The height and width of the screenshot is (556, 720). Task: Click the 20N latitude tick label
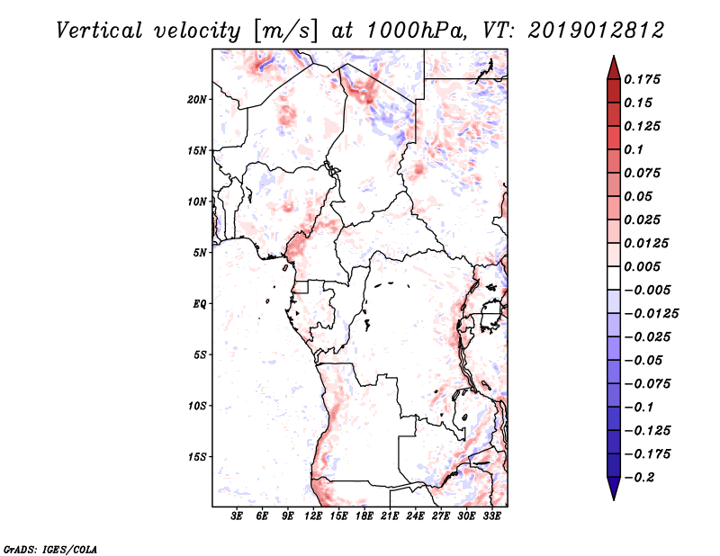click(x=197, y=99)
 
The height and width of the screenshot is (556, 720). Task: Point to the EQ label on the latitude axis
click(x=200, y=304)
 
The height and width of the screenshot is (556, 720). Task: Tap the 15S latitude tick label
click(x=197, y=457)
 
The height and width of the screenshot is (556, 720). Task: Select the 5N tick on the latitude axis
click(x=200, y=253)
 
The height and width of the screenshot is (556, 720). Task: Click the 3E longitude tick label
click(x=237, y=517)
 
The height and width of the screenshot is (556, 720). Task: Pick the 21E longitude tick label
click(x=390, y=517)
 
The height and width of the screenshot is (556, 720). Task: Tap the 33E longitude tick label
click(x=491, y=517)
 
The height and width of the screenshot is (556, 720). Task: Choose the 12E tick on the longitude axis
click(x=313, y=517)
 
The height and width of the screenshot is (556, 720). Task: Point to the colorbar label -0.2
click(x=644, y=477)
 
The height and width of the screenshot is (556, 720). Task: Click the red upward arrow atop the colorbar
click(x=613, y=66)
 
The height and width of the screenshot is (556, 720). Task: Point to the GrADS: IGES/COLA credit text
click(x=50, y=548)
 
